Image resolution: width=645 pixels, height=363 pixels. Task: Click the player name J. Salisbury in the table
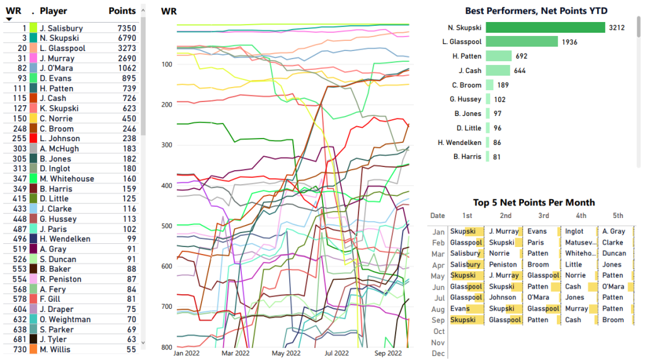pos(60,28)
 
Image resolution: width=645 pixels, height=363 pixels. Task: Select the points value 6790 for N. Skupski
pos(123,38)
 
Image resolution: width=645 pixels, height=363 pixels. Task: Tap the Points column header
pos(122,11)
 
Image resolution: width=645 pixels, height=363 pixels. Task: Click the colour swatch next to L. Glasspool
pos(33,49)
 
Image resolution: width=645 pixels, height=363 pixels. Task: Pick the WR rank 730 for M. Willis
pos(19,350)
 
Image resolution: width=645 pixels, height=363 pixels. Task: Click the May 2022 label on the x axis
pos(286,354)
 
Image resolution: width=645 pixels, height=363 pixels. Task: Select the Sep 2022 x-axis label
pos(388,354)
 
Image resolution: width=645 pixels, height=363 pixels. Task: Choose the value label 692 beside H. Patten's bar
pos(521,56)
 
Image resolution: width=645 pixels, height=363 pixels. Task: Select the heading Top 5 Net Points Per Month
pos(534,202)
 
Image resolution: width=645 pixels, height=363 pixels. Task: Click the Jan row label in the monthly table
pos(438,232)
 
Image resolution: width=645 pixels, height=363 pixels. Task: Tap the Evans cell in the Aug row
pos(460,309)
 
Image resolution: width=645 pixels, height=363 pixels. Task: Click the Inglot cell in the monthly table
pos(574,232)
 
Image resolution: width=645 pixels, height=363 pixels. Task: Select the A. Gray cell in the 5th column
pos(614,232)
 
